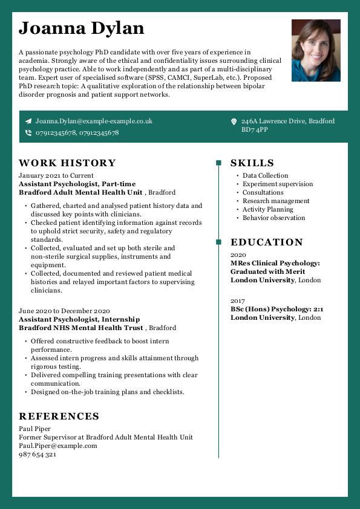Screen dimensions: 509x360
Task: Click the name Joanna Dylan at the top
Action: [x=81, y=28]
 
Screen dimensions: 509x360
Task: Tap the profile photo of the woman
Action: [x=316, y=50]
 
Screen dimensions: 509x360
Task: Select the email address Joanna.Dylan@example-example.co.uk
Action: [x=94, y=121]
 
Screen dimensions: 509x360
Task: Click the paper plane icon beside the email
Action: [x=28, y=121]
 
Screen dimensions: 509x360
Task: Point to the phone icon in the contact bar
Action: [x=28, y=132]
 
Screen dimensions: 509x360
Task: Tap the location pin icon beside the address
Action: [x=234, y=122]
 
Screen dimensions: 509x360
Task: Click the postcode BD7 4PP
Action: [x=255, y=129]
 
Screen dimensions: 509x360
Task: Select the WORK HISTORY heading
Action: [x=67, y=163]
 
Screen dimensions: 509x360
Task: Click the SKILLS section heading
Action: [x=252, y=163]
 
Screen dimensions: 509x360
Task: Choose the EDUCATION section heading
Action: [x=267, y=242]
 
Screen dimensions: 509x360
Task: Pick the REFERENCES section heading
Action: [x=59, y=416]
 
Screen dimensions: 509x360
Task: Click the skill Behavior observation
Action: [x=273, y=218]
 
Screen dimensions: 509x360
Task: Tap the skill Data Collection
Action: [x=265, y=175]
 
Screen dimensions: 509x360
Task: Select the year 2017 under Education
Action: [x=238, y=300]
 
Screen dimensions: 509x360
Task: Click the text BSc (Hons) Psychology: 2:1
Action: [x=277, y=309]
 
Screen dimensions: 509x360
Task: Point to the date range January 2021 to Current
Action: [x=56, y=175]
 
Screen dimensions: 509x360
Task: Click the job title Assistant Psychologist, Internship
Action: [x=79, y=319]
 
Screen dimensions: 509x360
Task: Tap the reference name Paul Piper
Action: [x=35, y=429]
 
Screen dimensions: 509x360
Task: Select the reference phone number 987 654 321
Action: [x=38, y=454]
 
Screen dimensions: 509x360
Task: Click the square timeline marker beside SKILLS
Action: [x=218, y=163]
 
